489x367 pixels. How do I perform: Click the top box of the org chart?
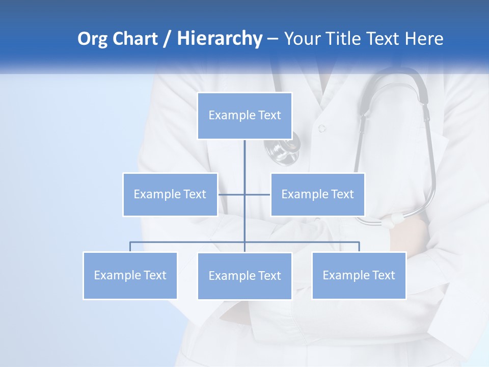point(244,116)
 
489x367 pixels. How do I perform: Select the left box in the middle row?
point(170,194)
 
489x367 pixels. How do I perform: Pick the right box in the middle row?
point(317,194)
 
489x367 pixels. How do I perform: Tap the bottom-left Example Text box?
point(130,275)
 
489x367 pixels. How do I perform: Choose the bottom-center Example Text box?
point(244,276)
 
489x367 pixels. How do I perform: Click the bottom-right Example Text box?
point(359,275)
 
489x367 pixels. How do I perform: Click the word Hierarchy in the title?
point(220,39)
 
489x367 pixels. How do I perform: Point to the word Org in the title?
point(93,39)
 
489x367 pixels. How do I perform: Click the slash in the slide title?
point(167,39)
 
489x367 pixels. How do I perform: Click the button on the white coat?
point(322,128)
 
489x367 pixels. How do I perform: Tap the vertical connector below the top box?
point(244,163)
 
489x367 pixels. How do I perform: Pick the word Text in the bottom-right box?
point(383,275)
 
